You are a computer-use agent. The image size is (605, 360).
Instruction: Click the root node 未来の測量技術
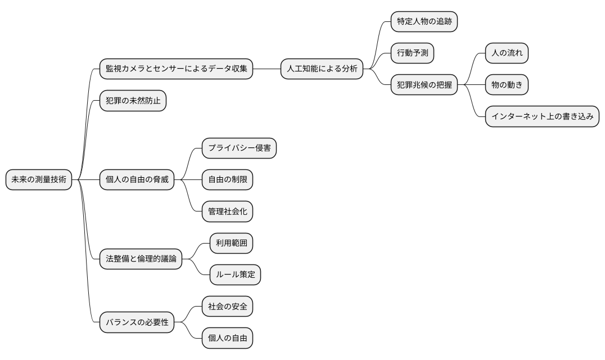tap(39, 180)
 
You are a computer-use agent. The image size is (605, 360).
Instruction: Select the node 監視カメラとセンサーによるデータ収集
tap(176, 69)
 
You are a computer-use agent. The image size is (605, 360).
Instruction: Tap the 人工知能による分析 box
tap(322, 69)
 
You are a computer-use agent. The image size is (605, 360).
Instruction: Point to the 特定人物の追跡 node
tap(424, 22)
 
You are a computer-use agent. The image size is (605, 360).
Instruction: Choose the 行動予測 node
tap(412, 53)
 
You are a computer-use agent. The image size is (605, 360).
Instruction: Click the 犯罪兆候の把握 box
tap(424, 85)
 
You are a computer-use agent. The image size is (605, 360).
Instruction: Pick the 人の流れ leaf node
tap(507, 53)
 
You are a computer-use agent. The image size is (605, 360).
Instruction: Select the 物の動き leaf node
tap(507, 85)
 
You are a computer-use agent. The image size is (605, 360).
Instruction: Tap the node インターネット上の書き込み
tap(542, 117)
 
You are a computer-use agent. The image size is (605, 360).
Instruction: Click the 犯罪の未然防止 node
tap(133, 101)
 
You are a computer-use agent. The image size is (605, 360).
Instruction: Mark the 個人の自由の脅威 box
tap(137, 180)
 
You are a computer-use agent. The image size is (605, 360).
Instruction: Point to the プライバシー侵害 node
tap(239, 148)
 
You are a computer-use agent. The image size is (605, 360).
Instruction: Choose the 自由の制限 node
tap(227, 180)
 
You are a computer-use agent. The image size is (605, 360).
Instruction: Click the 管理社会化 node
tap(227, 212)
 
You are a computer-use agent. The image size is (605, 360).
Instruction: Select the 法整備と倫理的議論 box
tap(141, 259)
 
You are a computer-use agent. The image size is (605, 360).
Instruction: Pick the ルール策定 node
tap(235, 275)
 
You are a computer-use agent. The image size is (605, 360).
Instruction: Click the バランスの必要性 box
tap(137, 323)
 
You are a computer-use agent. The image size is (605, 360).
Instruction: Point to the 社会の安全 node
tap(227, 307)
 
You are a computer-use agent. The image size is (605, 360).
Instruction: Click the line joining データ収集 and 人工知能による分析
tap(267, 69)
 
